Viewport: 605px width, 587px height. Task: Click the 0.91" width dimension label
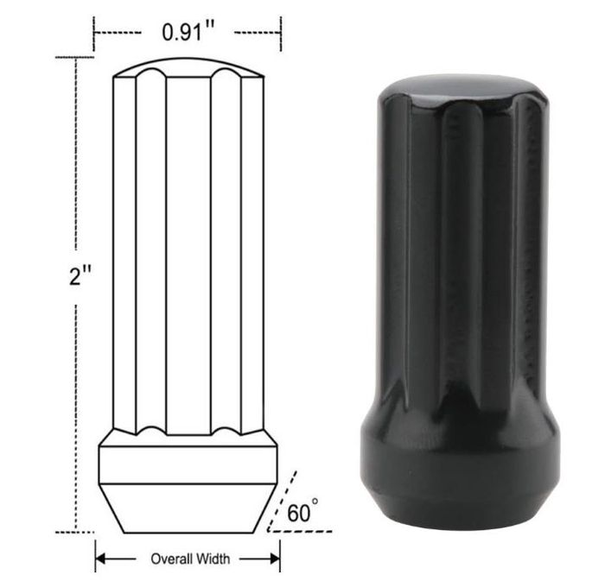(188, 32)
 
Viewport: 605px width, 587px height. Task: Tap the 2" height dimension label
(80, 276)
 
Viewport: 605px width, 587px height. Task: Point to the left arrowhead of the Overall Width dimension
(100, 559)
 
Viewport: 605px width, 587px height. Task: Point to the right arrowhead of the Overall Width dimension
(275, 559)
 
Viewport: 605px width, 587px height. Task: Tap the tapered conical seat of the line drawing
(188, 508)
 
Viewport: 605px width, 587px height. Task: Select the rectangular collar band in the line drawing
(188, 464)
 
